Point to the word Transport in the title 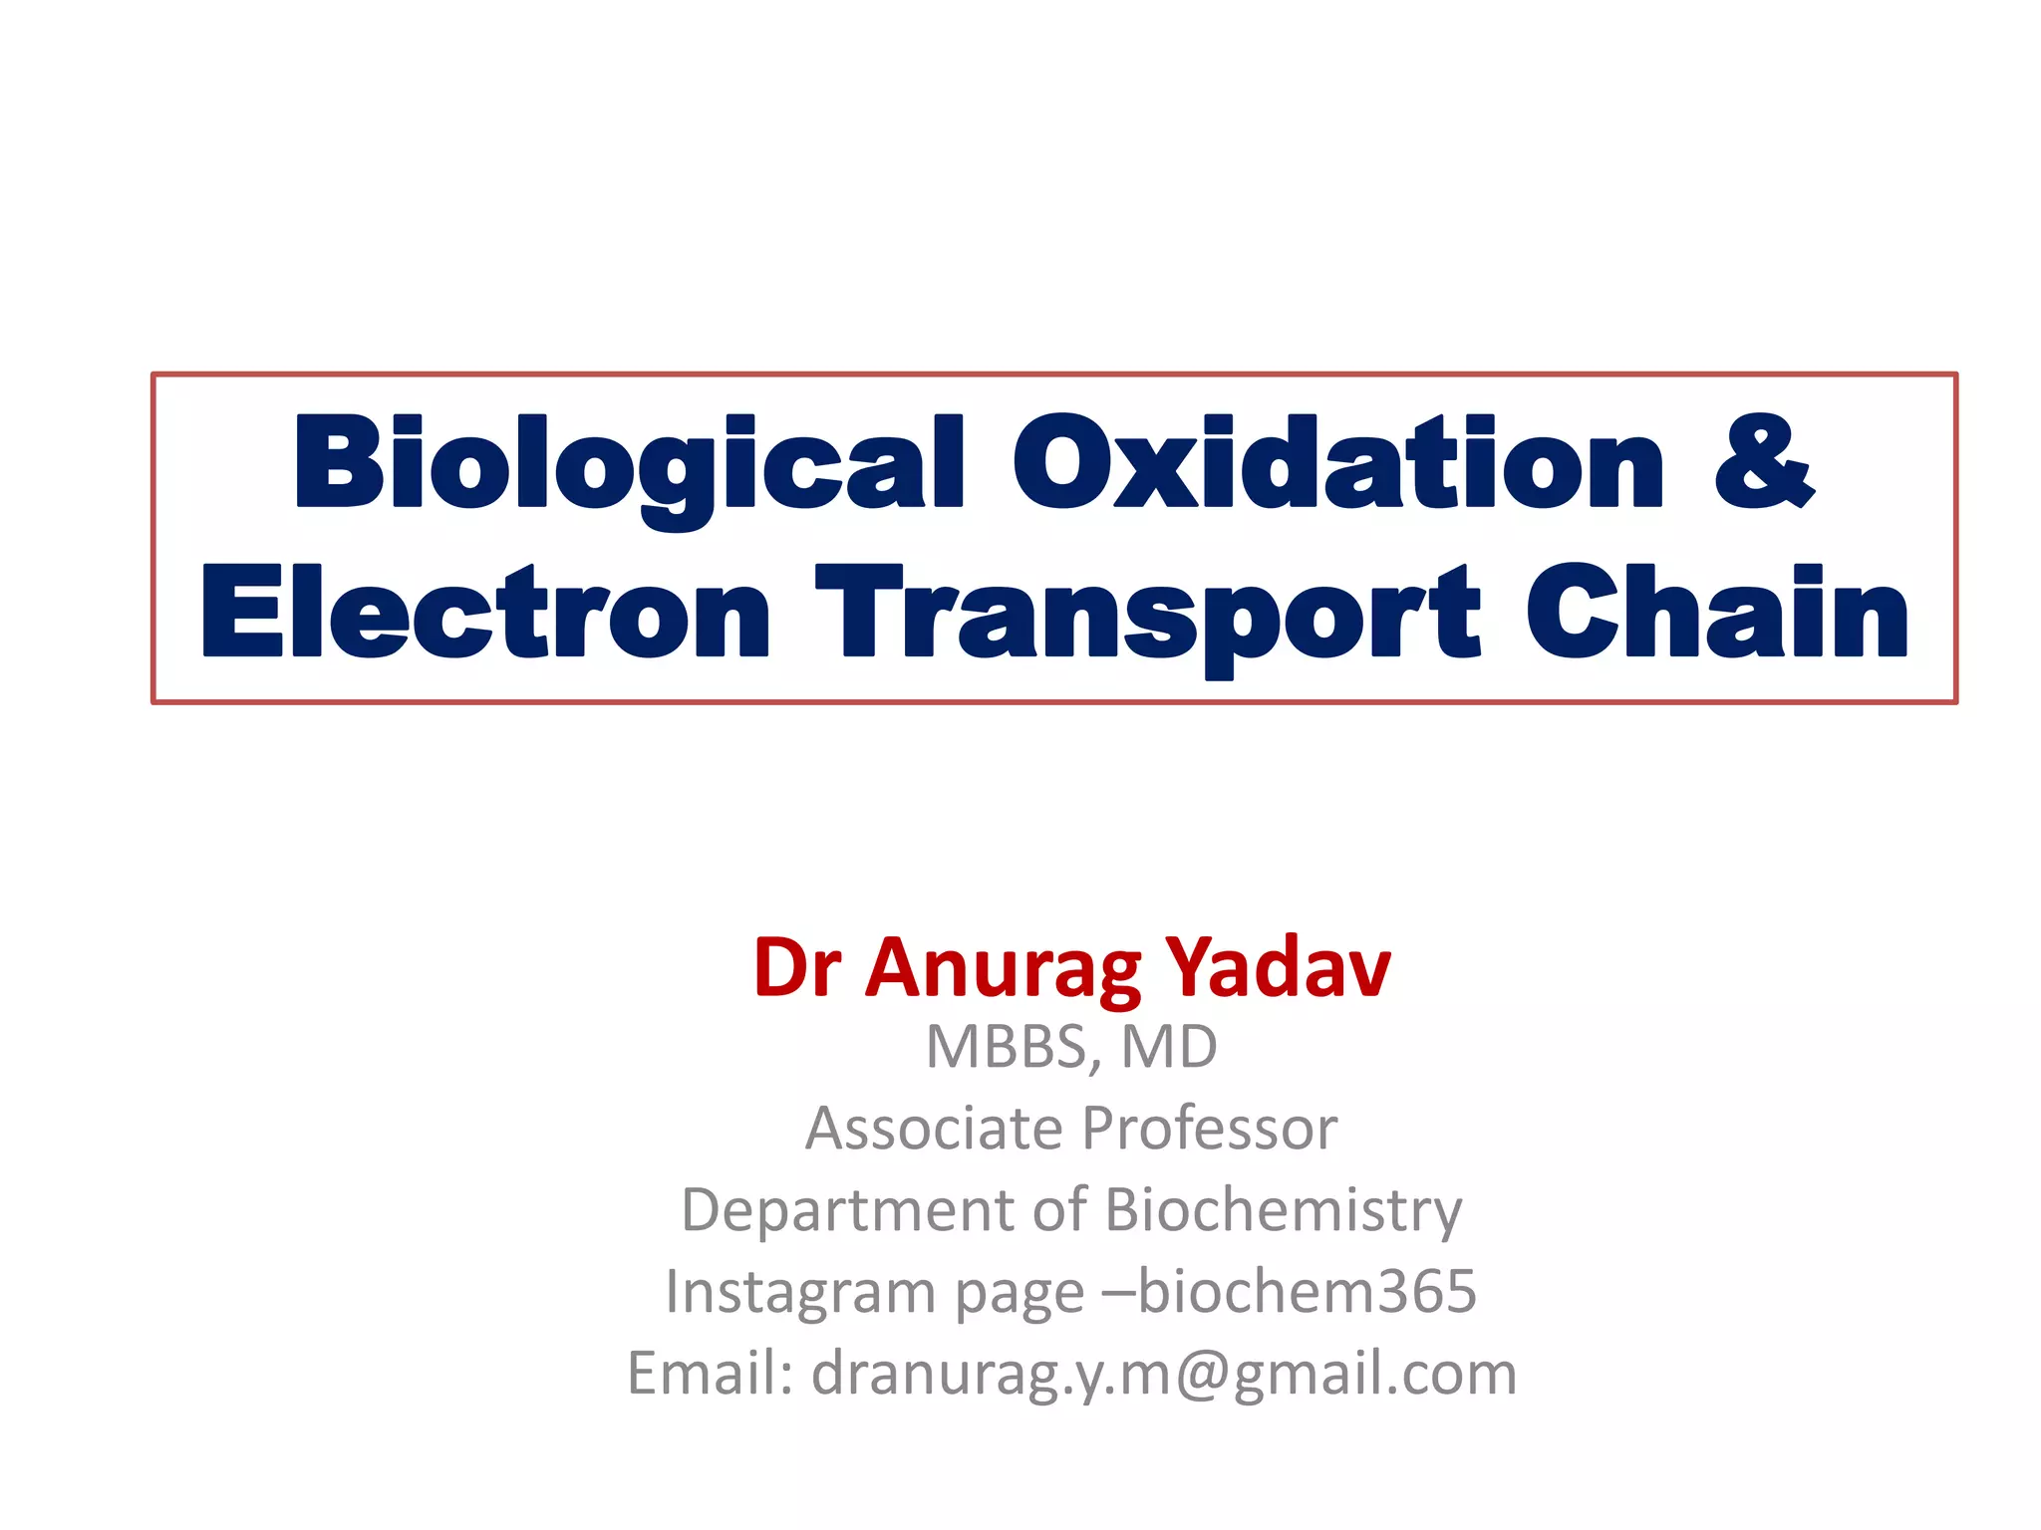click(x=1146, y=613)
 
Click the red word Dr click(x=797, y=967)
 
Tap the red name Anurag click(x=1003, y=969)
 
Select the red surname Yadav click(x=1279, y=967)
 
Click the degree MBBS click(x=1008, y=1048)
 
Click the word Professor click(x=1209, y=1131)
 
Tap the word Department click(x=848, y=1212)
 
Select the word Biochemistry click(x=1283, y=1212)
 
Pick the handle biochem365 click(x=1307, y=1292)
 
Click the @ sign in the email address click(x=1202, y=1376)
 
